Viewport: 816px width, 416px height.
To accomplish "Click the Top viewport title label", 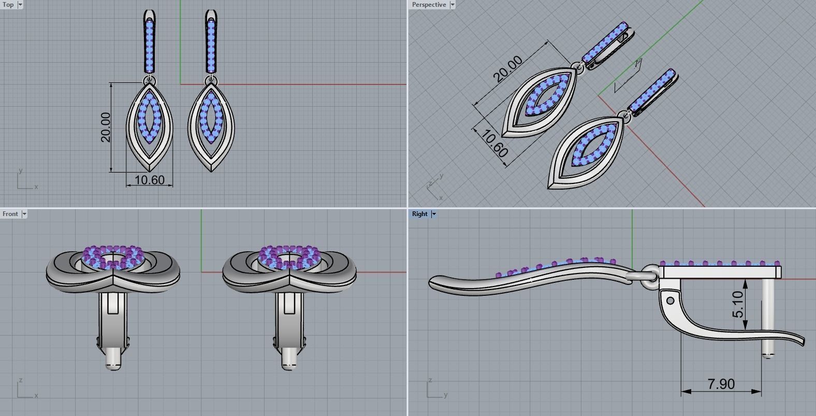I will click(8, 5).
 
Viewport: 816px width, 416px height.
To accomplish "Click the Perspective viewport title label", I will click(429, 5).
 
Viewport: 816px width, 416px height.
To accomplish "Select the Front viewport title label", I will click(10, 214).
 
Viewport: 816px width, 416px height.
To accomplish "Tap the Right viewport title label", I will click(420, 214).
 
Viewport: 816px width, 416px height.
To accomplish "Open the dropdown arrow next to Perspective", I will click(452, 5).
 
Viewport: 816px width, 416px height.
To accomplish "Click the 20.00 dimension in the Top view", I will click(106, 127).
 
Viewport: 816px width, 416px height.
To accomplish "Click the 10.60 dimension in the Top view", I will click(149, 180).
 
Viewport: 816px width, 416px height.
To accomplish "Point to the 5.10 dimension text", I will click(738, 304).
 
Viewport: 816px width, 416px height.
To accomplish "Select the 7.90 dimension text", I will click(721, 384).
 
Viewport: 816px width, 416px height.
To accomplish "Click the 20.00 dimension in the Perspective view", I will click(508, 69).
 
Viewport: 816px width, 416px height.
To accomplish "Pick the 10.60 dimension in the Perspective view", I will click(494, 144).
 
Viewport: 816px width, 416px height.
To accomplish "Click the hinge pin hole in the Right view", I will click(671, 300).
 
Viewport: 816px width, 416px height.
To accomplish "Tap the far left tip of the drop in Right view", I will click(431, 282).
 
